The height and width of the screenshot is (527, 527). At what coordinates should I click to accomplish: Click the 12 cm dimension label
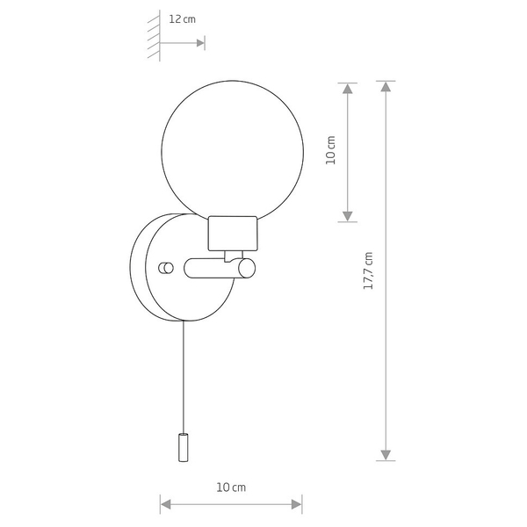pyautogui.click(x=182, y=19)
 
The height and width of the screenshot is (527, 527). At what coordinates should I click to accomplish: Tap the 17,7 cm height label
pyautogui.click(x=368, y=271)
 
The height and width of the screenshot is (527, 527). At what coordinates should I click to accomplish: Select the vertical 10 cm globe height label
pyautogui.click(x=331, y=150)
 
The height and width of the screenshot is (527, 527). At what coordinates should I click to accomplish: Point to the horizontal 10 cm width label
pyautogui.click(x=231, y=487)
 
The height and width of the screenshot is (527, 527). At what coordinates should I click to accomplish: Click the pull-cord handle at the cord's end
pyautogui.click(x=184, y=447)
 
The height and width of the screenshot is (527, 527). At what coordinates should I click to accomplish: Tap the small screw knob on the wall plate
pyautogui.click(x=166, y=268)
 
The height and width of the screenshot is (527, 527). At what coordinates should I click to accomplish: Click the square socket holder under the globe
pyautogui.click(x=233, y=234)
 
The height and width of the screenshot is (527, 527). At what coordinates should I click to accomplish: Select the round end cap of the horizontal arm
pyautogui.click(x=247, y=268)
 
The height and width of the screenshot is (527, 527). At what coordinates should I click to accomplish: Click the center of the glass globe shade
pyautogui.click(x=233, y=152)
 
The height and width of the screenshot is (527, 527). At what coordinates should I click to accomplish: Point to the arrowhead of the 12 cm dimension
pyautogui.click(x=200, y=43)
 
